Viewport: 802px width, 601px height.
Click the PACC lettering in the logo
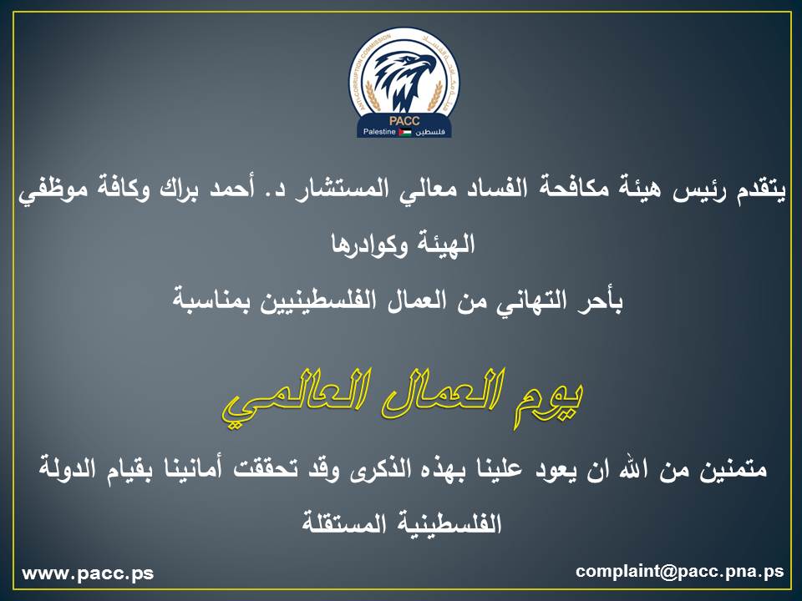[404, 121]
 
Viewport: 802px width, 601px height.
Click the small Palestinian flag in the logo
[405, 133]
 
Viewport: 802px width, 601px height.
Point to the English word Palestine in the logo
[379, 132]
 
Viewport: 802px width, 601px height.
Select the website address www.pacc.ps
[88, 573]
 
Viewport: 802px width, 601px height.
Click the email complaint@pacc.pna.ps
[680, 571]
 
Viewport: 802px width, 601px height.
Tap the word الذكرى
[379, 468]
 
